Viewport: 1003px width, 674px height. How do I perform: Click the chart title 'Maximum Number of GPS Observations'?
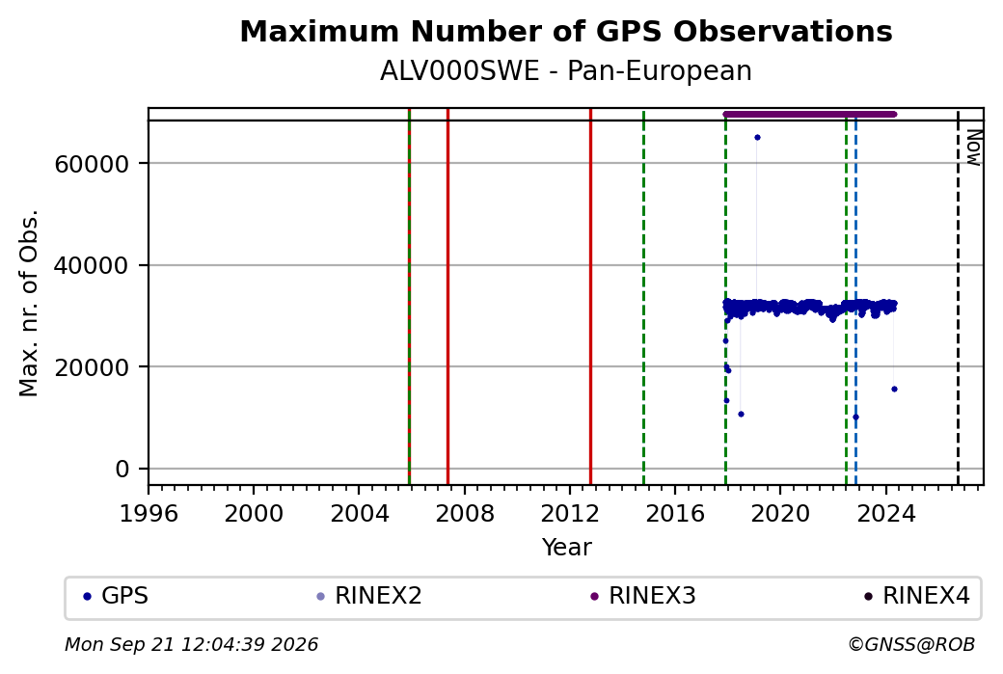coord(566,31)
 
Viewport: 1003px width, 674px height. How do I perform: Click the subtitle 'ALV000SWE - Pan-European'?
coord(566,71)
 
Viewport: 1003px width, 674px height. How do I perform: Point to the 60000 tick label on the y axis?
coord(93,164)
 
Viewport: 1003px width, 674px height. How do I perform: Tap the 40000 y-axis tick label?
coord(93,266)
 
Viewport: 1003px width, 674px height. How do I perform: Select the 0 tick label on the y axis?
coord(122,470)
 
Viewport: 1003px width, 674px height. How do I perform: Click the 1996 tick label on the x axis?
coord(149,514)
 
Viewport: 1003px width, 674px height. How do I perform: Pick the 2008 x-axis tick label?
coord(465,514)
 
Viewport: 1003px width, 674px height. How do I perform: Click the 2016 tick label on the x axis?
coord(675,514)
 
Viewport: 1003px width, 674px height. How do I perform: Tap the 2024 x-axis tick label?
coord(886,514)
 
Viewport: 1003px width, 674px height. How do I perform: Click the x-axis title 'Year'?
coord(567,548)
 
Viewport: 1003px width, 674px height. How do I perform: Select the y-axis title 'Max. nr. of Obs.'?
coord(29,303)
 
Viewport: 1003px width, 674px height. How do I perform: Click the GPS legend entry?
coord(116,596)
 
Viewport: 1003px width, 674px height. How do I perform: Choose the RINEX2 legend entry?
coord(369,596)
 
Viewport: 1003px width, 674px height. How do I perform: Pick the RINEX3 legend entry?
coord(643,596)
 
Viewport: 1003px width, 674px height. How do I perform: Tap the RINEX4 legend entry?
coord(916,596)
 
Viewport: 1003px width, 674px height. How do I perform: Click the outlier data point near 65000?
coord(757,138)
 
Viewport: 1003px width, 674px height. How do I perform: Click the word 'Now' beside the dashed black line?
coord(973,148)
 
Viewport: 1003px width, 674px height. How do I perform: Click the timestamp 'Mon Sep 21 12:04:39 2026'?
coord(191,644)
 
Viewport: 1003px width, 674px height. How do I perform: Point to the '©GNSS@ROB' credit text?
coord(911,644)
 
